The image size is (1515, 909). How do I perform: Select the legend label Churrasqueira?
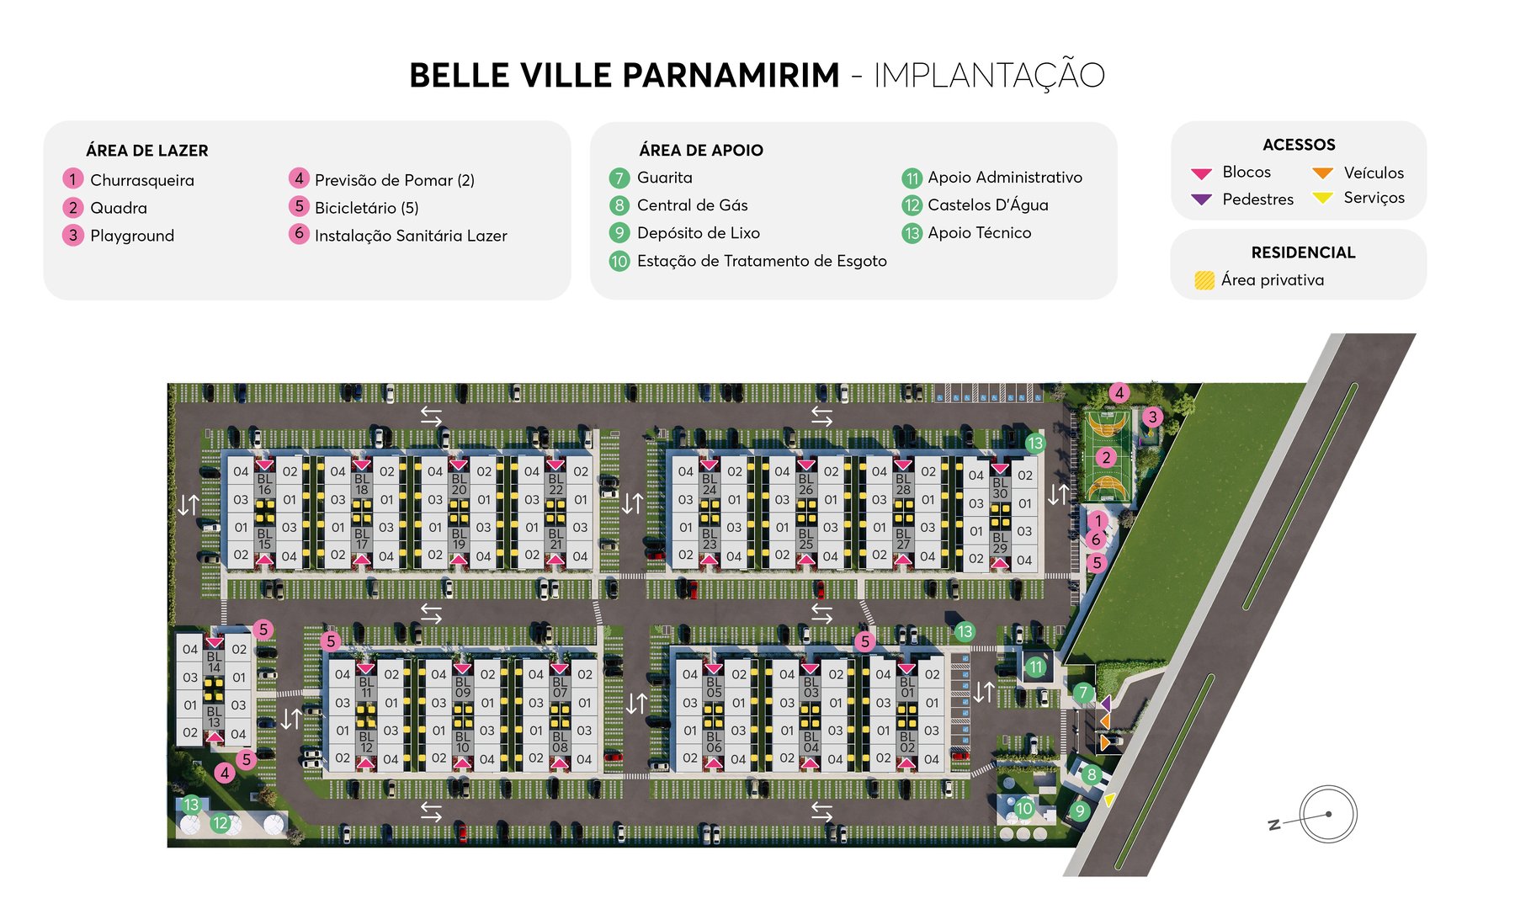click(141, 180)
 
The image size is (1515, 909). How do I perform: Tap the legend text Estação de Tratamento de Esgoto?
click(761, 261)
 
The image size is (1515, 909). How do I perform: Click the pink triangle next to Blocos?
click(1201, 173)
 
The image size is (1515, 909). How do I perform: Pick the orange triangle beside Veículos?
click(1322, 173)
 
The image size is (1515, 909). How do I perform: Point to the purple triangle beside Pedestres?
click(1201, 199)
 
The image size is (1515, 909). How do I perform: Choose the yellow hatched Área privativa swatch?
click(1204, 280)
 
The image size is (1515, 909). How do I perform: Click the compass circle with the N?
click(1327, 814)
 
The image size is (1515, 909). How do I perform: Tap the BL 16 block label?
click(264, 484)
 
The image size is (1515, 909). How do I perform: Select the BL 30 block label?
click(999, 488)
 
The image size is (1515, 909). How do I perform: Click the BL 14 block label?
click(214, 662)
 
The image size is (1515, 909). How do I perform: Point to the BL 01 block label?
click(906, 688)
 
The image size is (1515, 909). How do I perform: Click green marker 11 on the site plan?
click(1035, 667)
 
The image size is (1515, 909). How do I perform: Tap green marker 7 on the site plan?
click(1082, 694)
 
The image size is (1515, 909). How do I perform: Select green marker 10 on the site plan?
click(1023, 808)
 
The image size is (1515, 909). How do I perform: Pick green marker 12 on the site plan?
click(221, 823)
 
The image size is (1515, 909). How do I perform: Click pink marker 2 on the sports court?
click(1106, 457)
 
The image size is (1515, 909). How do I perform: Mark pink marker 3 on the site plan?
click(1152, 417)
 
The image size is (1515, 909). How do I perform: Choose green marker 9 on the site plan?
click(1079, 811)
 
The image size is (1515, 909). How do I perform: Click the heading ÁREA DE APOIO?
click(700, 151)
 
